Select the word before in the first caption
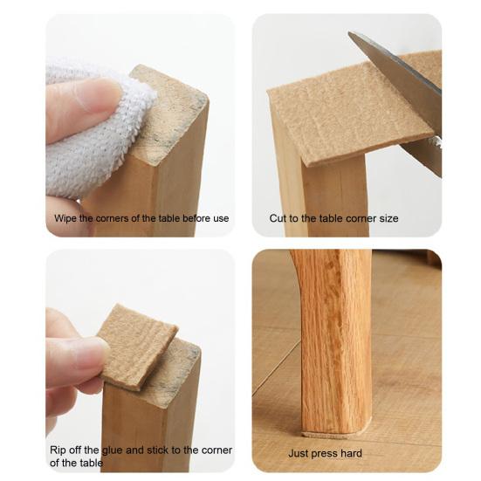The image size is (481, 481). click(x=194, y=218)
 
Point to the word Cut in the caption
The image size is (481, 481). click(x=278, y=218)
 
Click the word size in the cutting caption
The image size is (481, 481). click(x=389, y=218)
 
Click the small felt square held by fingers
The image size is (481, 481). click(x=138, y=347)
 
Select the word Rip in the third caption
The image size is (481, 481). click(x=58, y=450)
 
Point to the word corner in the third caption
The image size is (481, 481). click(x=216, y=450)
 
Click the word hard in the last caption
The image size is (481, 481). click(x=352, y=453)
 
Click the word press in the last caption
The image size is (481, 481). click(x=325, y=454)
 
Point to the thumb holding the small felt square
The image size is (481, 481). click(x=77, y=359)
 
